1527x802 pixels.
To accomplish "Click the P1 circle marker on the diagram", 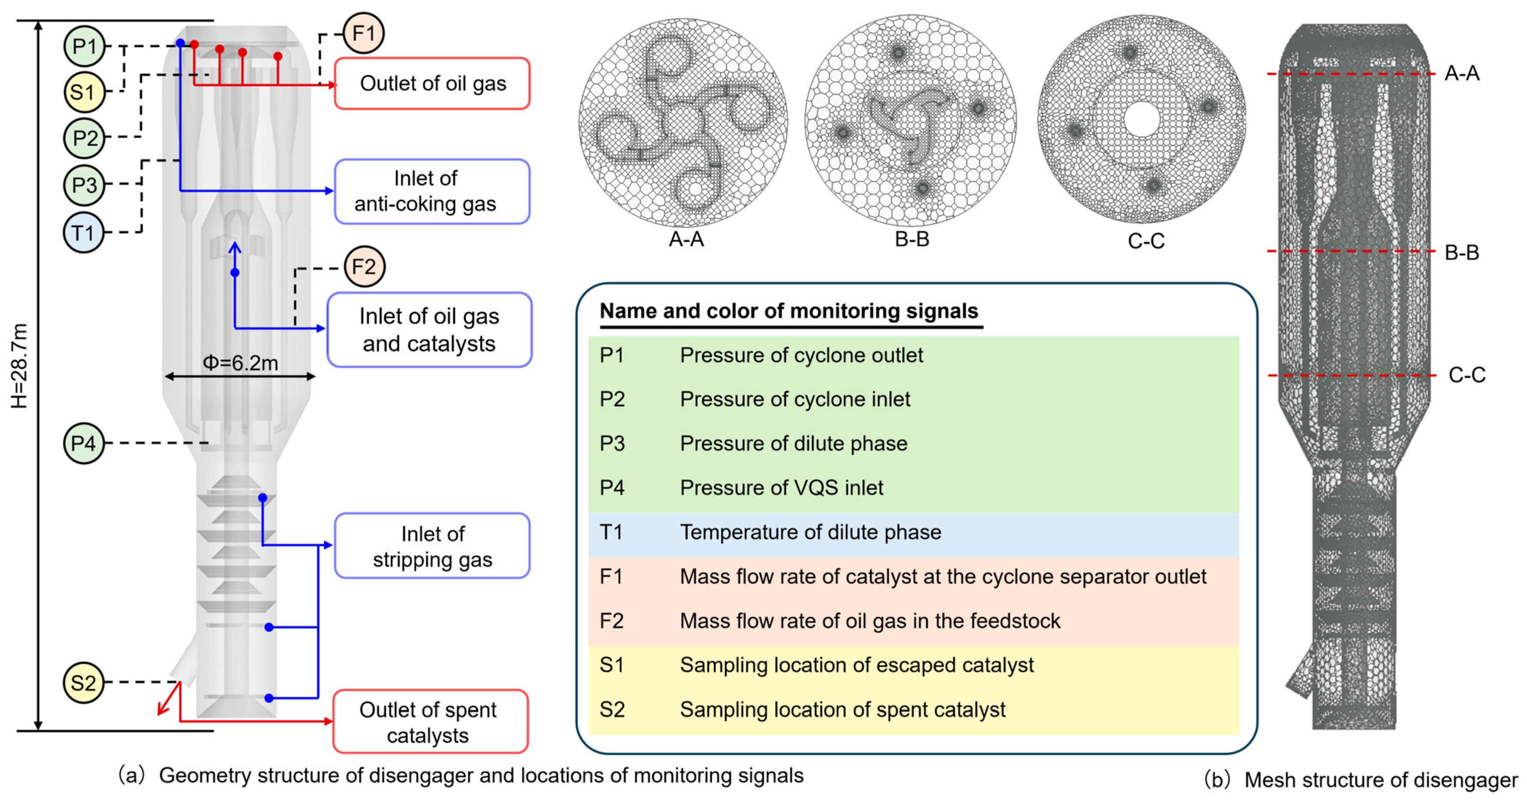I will [x=84, y=46].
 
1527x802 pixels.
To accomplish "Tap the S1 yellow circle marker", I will [x=84, y=92].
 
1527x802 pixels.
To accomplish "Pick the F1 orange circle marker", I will [x=363, y=33].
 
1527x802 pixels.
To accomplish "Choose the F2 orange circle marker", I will [x=364, y=267].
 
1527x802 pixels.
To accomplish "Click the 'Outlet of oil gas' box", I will [x=432, y=83].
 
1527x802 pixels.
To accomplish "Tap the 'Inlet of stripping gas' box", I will [x=432, y=546].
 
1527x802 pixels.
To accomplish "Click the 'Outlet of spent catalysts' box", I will [x=430, y=722].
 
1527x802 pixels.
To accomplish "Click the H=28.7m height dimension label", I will [x=19, y=366].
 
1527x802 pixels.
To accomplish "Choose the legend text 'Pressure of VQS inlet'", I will [x=781, y=488].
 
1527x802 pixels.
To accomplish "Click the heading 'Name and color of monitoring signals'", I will [x=789, y=311].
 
